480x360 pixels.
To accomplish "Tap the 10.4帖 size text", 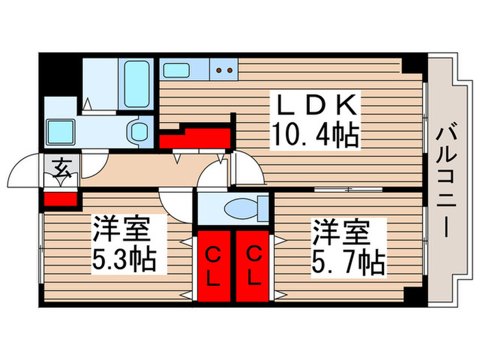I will click(x=316, y=134).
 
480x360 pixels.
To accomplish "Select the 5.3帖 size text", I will click(x=125, y=259).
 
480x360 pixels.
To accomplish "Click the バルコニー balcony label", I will click(x=446, y=180).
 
